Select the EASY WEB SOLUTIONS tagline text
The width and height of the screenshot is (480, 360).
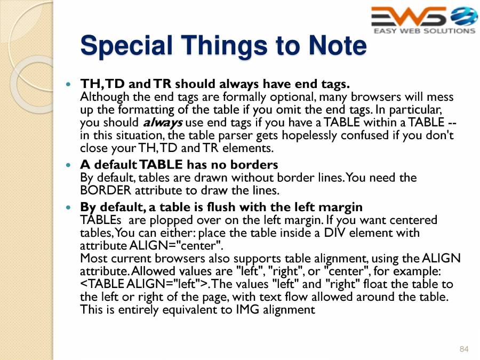click(424, 31)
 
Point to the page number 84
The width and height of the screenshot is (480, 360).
click(463, 349)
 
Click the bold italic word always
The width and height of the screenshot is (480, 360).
click(163, 122)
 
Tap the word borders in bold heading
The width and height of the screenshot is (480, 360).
click(255, 164)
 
